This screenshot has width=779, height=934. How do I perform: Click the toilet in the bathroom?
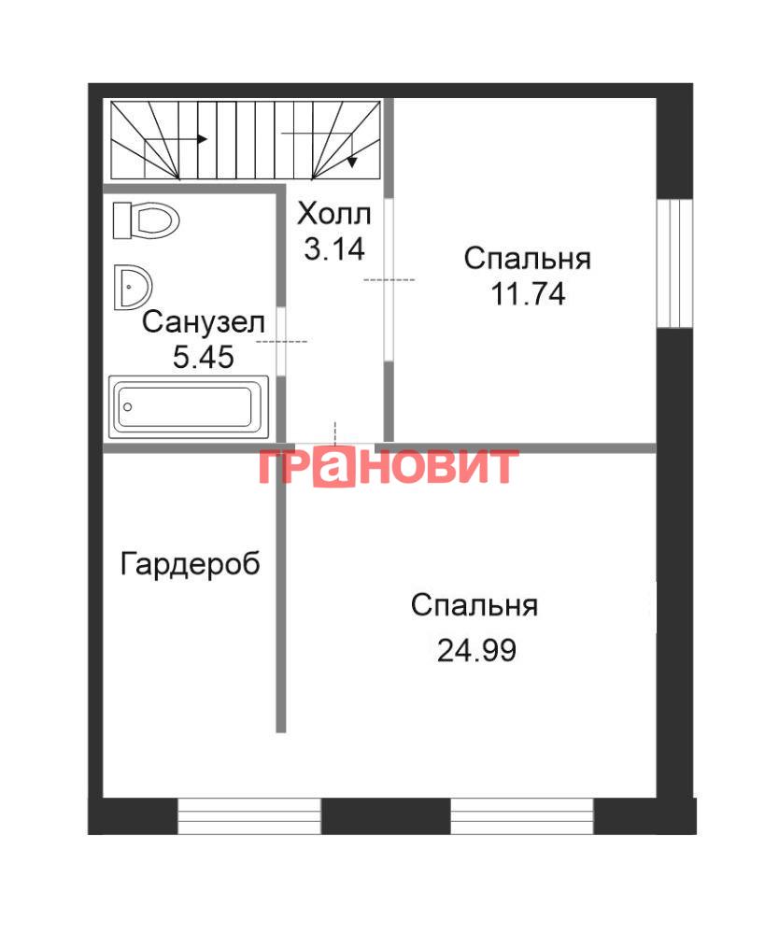click(x=146, y=220)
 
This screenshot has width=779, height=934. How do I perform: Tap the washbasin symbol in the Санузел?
click(x=133, y=287)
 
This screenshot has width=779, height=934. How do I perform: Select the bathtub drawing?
click(x=188, y=407)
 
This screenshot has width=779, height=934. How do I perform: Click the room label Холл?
click(x=334, y=214)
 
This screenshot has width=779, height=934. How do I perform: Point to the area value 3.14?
click(x=334, y=248)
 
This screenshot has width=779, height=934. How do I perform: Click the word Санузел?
click(x=204, y=322)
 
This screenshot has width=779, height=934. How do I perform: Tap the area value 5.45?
click(x=204, y=358)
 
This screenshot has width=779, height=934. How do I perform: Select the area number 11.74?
click(x=528, y=293)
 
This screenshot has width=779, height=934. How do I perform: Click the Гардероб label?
click(x=191, y=563)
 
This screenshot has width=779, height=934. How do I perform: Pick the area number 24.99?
click(x=476, y=650)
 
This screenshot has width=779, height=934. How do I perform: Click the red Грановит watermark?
click(x=389, y=466)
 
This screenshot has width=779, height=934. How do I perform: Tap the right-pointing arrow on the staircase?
click(x=176, y=139)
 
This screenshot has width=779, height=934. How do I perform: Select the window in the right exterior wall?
click(x=674, y=263)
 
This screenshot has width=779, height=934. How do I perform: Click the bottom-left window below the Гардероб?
click(x=249, y=816)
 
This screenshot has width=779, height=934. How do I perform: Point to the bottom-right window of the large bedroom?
click(x=522, y=816)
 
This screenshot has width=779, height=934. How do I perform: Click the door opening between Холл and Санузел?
click(x=281, y=341)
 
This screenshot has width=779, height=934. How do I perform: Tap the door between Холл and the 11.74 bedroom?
click(x=389, y=279)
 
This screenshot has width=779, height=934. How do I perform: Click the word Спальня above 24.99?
click(x=474, y=606)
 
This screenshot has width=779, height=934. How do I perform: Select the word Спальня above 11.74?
click(x=528, y=259)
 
